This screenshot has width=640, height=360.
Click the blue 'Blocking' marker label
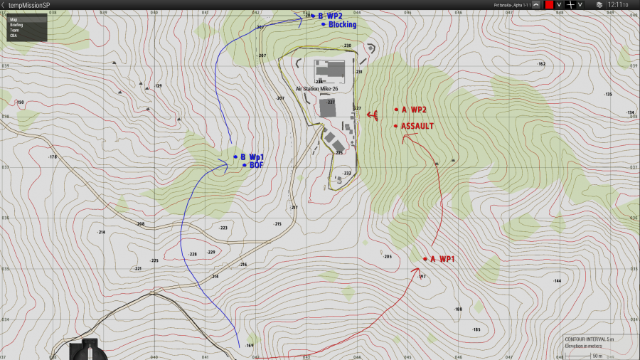342,24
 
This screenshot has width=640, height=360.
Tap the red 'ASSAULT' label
417,126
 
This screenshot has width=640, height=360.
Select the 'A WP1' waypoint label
442,259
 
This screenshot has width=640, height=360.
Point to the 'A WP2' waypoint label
413,110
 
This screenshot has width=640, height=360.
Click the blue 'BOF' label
256,165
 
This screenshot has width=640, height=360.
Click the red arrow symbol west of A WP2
372,114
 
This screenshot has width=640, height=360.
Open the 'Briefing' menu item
16,25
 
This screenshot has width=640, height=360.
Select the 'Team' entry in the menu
14,30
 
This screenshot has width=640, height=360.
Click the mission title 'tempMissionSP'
29,5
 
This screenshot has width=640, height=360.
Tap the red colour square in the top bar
549,5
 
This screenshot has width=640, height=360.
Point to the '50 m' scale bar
597,355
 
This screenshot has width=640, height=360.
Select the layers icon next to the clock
599,5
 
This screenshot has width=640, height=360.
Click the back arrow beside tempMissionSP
3,5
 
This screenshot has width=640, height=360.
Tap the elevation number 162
541,64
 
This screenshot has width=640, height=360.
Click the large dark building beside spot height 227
328,107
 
